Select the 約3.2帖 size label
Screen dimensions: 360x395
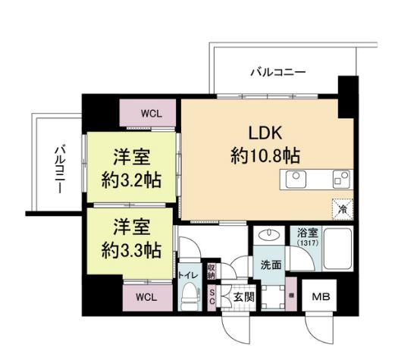(132, 182)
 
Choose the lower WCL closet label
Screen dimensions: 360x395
(148, 297)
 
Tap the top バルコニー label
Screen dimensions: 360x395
(278, 73)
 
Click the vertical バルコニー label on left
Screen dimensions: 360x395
(59, 166)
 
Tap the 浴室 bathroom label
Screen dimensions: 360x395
(308, 234)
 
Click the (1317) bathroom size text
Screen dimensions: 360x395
(308, 244)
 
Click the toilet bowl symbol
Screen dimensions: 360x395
(187, 296)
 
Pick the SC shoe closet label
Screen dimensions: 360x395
(212, 296)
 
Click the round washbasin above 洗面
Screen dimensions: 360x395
(268, 236)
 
